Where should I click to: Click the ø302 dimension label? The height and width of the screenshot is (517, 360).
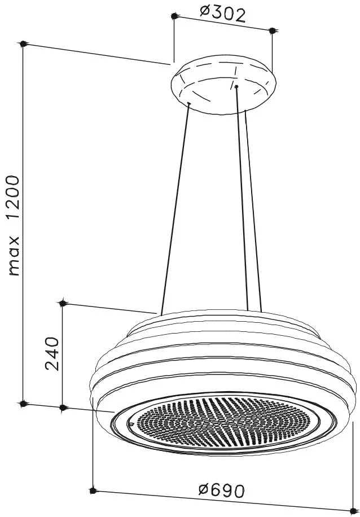223,14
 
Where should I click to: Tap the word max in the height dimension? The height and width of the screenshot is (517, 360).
14,256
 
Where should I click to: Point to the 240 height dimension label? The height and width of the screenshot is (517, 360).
52,353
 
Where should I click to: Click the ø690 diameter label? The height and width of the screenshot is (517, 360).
222,490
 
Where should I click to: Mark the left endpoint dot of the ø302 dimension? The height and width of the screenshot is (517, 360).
174,16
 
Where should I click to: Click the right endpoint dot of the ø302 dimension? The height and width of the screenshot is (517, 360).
272,30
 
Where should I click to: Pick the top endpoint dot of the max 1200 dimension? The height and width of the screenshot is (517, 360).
23,43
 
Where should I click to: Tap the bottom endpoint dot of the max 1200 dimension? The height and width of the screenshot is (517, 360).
23,403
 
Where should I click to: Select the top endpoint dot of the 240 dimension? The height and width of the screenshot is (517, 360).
63,303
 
